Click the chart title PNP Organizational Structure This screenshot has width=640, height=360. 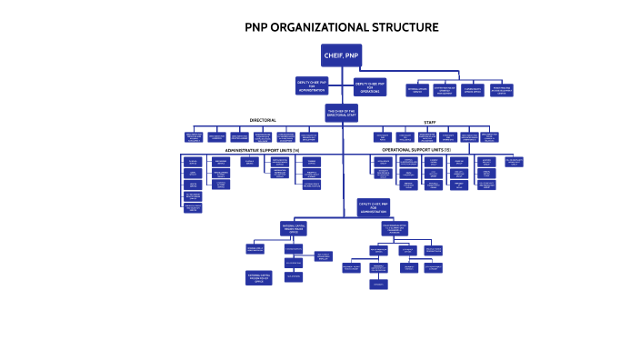click(x=341, y=27)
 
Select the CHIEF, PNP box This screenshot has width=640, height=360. click(x=341, y=55)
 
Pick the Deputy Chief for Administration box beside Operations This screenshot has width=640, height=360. click(x=312, y=85)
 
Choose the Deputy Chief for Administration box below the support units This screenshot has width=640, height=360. click(x=374, y=208)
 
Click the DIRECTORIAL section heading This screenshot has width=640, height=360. click(x=263, y=121)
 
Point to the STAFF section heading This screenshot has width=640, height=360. click(x=429, y=122)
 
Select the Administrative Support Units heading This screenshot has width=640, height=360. click(x=258, y=150)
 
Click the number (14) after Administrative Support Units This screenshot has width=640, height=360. click(x=295, y=150)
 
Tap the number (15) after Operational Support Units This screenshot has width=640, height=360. click(x=446, y=149)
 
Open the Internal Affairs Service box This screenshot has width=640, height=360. click(x=417, y=90)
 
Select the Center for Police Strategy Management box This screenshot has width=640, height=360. click(x=445, y=90)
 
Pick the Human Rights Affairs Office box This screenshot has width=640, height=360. click(x=473, y=90)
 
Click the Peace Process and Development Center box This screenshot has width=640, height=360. click(x=502, y=90)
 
